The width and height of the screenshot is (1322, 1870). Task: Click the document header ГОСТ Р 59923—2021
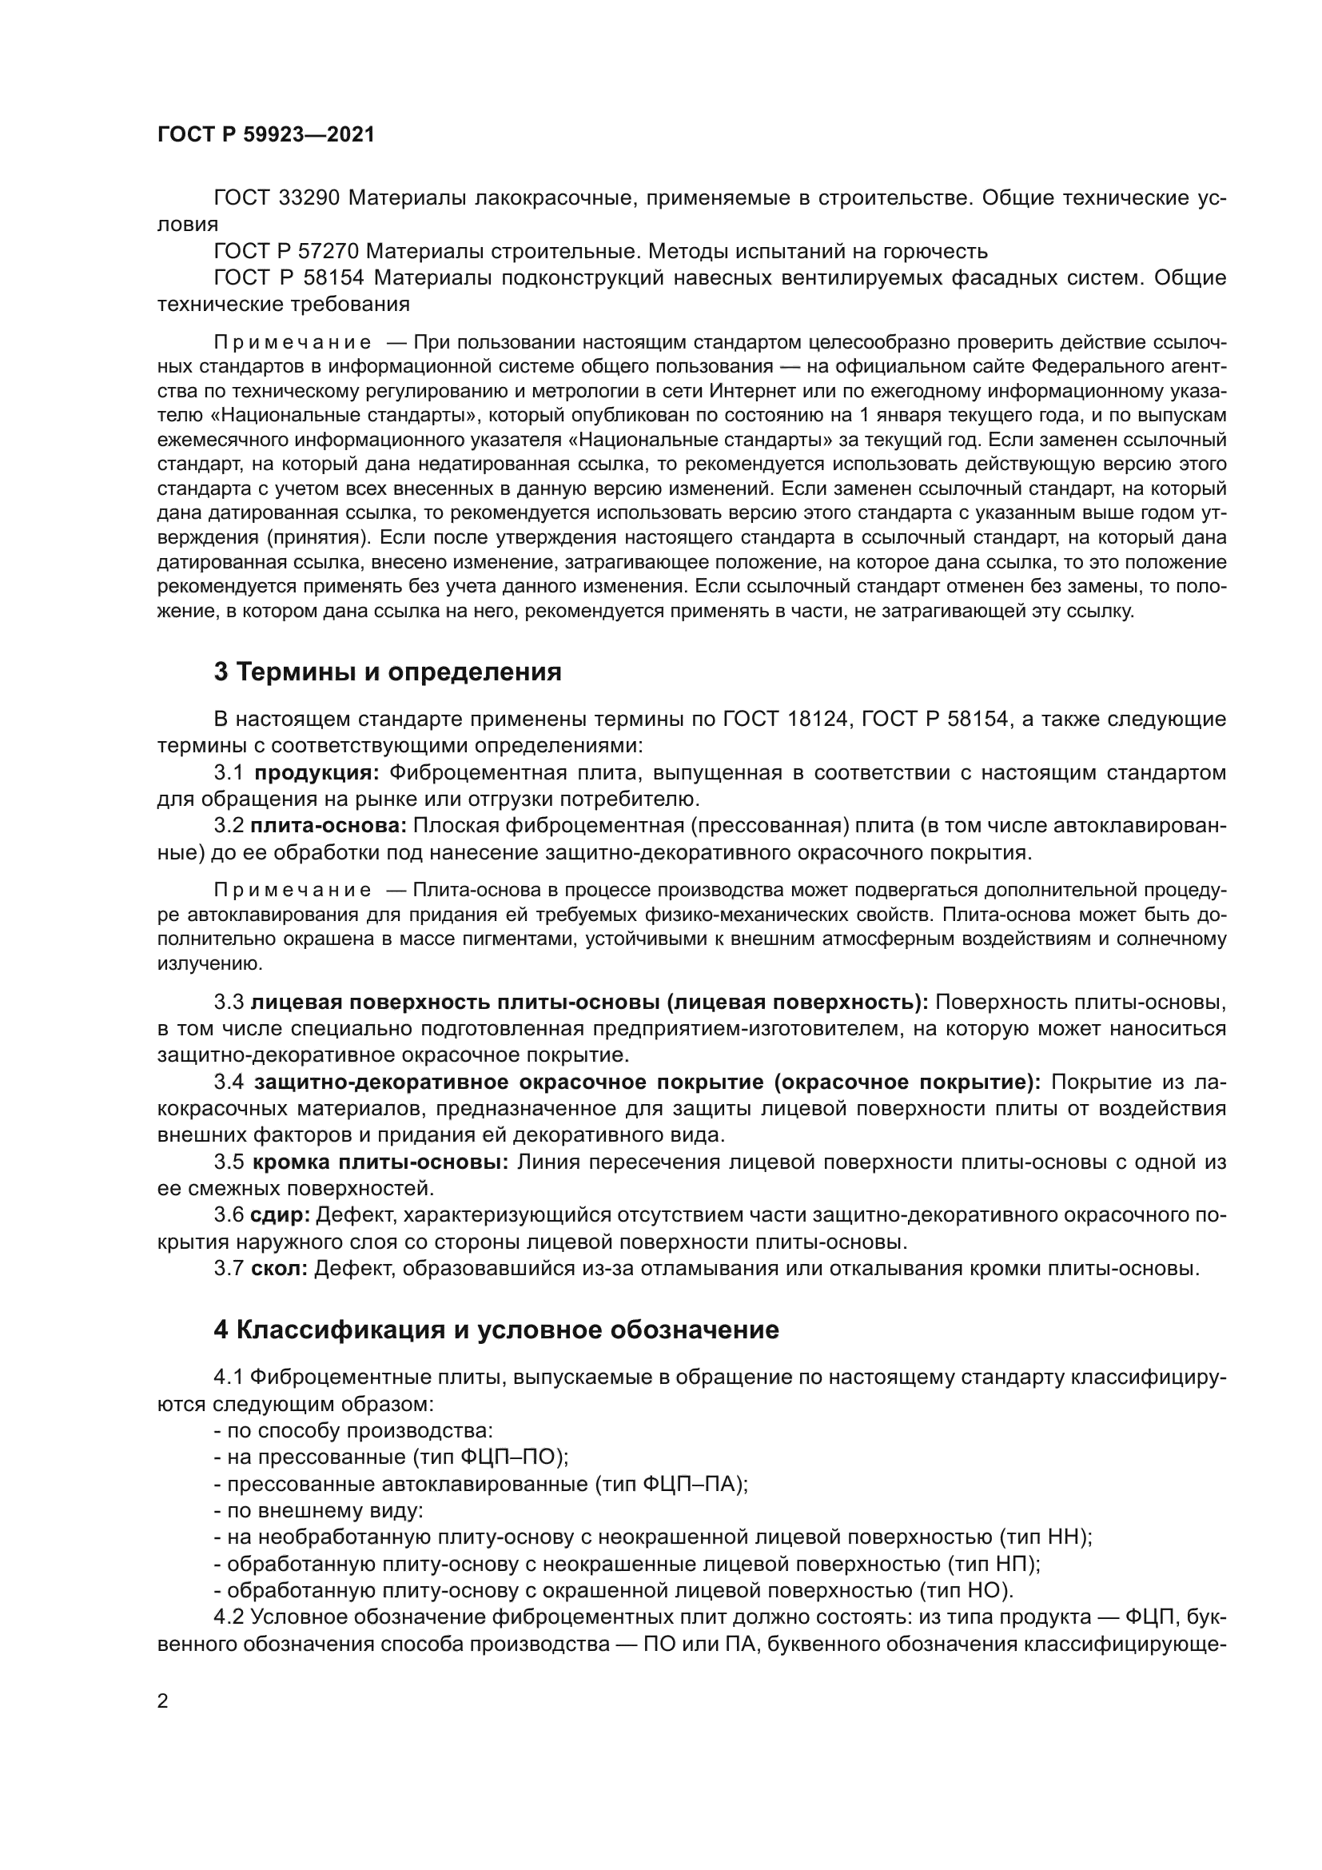click(266, 135)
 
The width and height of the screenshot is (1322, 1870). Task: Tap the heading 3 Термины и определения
click(388, 672)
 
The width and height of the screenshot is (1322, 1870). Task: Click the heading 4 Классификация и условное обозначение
click(496, 1330)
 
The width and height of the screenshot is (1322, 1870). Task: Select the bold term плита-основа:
click(328, 826)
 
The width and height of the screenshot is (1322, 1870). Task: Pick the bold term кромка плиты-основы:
click(380, 1162)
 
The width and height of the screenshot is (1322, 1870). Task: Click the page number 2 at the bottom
click(163, 1701)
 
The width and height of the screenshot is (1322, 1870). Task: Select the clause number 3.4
click(229, 1083)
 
